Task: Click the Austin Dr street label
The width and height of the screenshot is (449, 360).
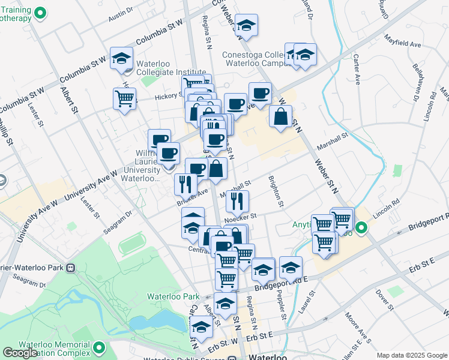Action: [119, 17]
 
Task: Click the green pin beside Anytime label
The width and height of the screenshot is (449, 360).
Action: [361, 228]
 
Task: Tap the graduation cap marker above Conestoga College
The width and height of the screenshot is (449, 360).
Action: [246, 25]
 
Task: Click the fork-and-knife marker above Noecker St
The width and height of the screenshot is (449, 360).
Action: [238, 200]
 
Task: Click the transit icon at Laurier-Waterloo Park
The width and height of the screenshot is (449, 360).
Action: [71, 268]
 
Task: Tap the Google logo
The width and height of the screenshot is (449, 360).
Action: [20, 353]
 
